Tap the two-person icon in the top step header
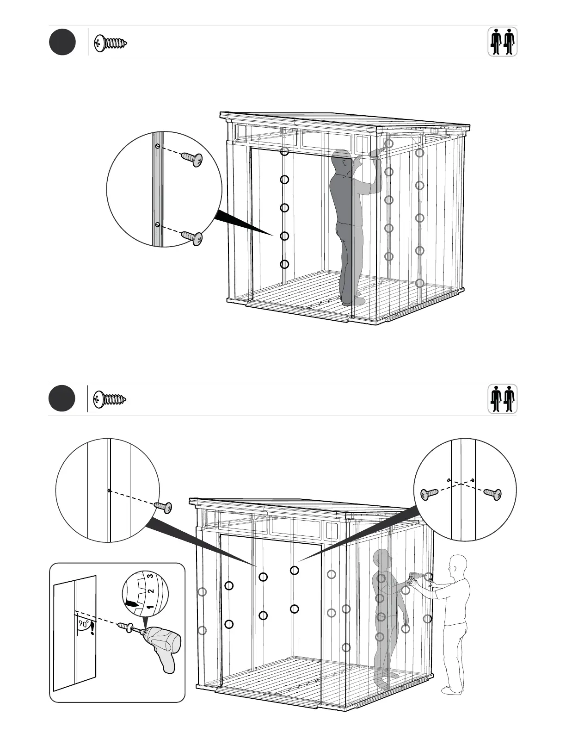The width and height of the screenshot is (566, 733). point(502,42)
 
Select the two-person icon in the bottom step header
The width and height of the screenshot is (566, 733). point(502,399)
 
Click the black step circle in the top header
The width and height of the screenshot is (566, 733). point(62,42)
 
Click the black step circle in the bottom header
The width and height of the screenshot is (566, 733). point(62,398)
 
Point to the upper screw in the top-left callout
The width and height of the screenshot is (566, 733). point(192,159)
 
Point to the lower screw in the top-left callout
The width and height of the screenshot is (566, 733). point(192,237)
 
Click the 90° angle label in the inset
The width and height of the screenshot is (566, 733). point(83,624)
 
